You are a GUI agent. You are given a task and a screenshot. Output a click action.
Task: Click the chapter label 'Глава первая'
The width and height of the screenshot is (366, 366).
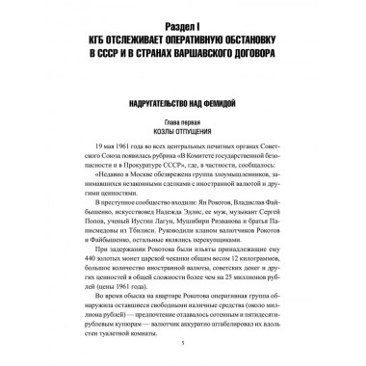coord(183,120)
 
